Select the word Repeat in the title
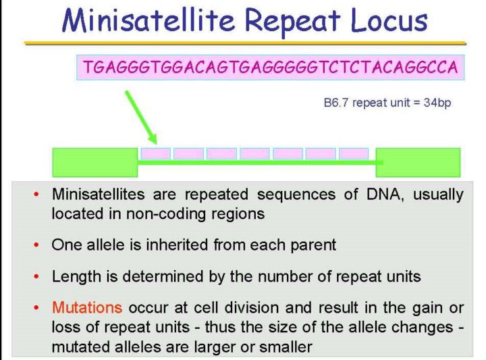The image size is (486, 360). tap(293, 22)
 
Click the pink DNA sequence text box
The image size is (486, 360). tap(271, 68)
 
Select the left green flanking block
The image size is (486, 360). tap(95, 163)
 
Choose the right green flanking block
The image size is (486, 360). tap(418, 163)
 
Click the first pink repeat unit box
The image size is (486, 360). tap(156, 153)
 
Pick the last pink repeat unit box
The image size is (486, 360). tap(354, 153)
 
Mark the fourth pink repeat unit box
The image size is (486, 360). tap(254, 153)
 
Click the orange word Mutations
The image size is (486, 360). tap(87, 307)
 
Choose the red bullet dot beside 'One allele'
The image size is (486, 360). tap(36, 245)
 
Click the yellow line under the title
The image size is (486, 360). tap(245, 43)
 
